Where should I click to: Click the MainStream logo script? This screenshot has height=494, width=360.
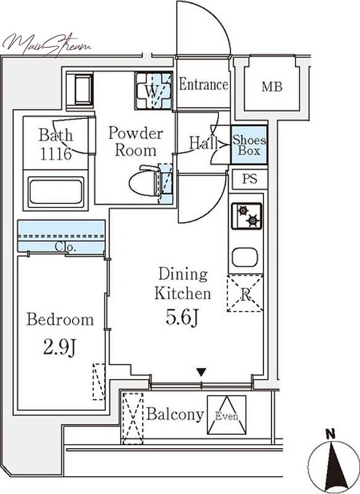tap(47, 45)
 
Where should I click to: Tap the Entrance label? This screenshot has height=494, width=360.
tap(204, 84)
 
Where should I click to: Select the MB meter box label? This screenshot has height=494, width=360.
tap(272, 87)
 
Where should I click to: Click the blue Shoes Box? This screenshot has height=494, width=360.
tap(249, 145)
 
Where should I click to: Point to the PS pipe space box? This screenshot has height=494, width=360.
tap(250, 179)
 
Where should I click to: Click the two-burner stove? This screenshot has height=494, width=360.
tap(247, 216)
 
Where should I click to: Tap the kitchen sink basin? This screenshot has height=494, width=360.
tap(245, 257)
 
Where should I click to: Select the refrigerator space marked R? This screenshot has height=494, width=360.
tap(245, 293)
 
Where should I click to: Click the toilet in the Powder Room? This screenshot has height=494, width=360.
tap(146, 181)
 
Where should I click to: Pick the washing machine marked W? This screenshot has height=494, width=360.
tap(153, 91)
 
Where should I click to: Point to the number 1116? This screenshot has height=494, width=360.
tap(56, 154)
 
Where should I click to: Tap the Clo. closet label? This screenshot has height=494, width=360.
tap(65, 247)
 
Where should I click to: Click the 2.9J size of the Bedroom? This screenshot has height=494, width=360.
tap(60, 348)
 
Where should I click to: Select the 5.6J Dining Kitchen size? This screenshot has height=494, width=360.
tap(183, 317)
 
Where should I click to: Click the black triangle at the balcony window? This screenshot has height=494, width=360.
tap(201, 372)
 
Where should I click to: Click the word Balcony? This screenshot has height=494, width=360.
tap(175, 415)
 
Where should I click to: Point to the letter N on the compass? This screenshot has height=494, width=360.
tap(330, 435)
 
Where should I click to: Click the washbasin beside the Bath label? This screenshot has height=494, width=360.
tap(80, 90)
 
